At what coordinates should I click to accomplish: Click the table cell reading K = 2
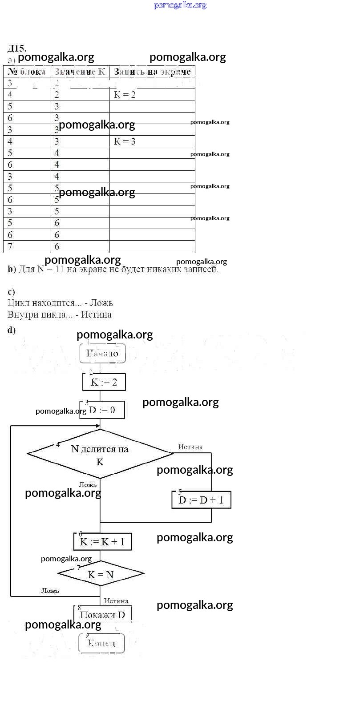pos(125,95)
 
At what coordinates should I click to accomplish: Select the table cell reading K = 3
pos(125,141)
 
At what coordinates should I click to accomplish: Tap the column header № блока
pos(27,72)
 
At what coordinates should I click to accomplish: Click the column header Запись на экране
pos(152,72)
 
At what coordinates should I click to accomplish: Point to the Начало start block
pos(102,354)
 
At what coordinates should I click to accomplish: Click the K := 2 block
pos(104,382)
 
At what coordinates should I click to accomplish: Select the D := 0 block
pos(102,410)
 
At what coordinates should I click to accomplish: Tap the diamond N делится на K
pos(100,454)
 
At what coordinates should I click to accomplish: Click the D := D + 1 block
pos(201,500)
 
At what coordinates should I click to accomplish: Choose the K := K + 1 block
pos(102,542)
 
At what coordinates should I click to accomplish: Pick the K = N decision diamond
pos(101,574)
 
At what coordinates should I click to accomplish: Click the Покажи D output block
pos(102,615)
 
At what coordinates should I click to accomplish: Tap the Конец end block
pos(101,643)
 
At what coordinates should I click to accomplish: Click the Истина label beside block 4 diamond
pos(190,447)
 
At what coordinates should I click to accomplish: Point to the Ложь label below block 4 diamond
pos(88,485)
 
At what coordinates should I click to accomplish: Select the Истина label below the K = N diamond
pos(116,601)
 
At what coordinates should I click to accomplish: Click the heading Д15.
pos(17,48)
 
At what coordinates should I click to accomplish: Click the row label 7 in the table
pos(10,246)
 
